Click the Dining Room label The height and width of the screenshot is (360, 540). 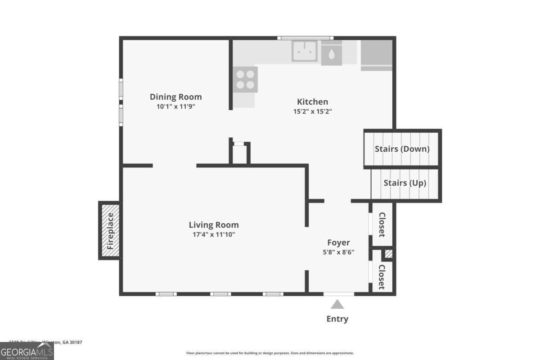pos(175,97)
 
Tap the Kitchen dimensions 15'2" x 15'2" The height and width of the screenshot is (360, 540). pos(312,111)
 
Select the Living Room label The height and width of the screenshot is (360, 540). pos(213,225)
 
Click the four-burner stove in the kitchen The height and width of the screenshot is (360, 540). pos(245,79)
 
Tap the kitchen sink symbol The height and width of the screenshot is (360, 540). pos(304,50)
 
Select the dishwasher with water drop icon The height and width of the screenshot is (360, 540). pos(331,54)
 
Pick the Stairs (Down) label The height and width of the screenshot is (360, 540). pos(402,148)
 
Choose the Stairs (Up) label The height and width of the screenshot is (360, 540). pos(405,183)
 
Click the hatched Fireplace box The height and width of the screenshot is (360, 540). pos(110,230)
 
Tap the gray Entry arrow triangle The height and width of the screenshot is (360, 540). pos(337,305)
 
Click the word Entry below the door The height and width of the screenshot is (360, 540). pos(337,319)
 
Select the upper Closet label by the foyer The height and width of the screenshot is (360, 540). pos(382,225)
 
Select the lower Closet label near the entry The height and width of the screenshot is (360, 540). pos(382,276)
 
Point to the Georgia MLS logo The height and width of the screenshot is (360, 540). pos(27,351)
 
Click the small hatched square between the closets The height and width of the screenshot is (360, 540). pos(388,254)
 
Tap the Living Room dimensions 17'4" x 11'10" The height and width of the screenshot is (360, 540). pos(213,234)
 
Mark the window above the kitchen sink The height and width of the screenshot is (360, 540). pos(305,38)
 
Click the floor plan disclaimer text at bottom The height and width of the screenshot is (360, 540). pos(270,353)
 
